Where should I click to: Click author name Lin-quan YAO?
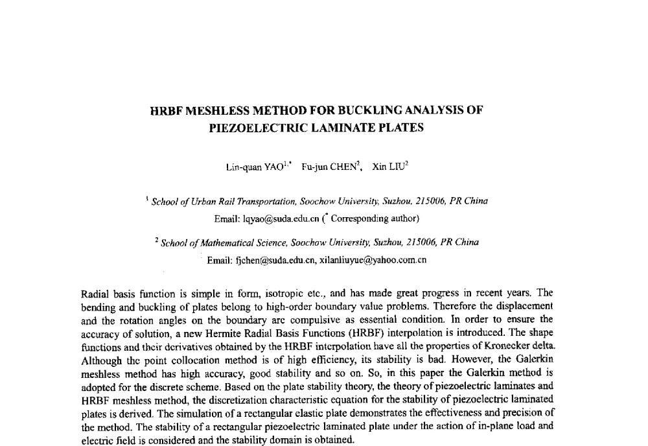(254, 167)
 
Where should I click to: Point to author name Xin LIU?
(388, 167)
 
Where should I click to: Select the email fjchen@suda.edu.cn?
(261, 261)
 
